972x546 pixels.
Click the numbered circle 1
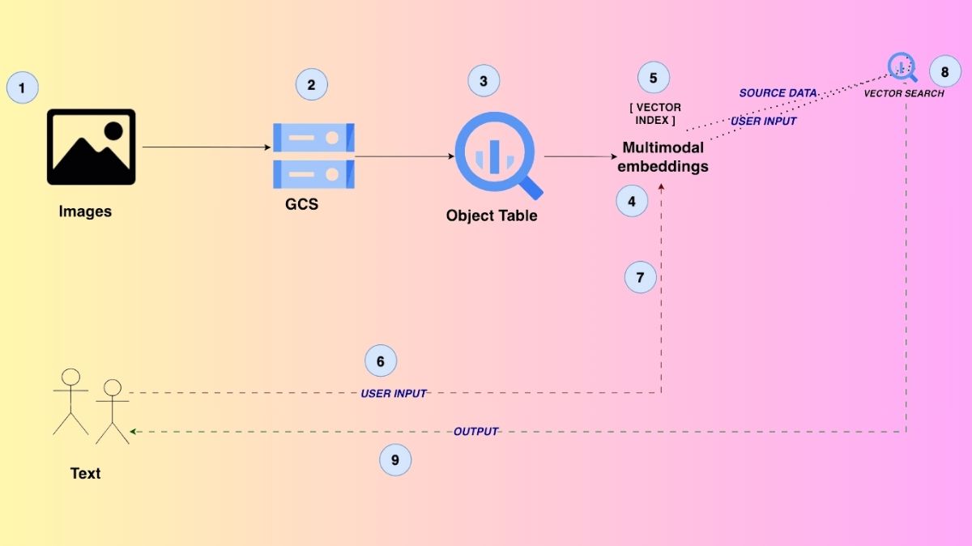(x=22, y=87)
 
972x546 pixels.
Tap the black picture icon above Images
(x=91, y=147)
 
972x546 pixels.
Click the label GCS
(x=301, y=205)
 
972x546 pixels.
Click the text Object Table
(x=492, y=216)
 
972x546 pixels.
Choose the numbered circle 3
(x=484, y=81)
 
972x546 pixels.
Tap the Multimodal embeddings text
(x=663, y=157)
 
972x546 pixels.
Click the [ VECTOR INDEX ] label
(x=655, y=114)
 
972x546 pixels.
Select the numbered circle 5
(x=654, y=78)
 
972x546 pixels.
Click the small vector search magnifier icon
(x=902, y=66)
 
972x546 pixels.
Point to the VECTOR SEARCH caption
(x=903, y=94)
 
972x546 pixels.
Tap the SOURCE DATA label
(x=778, y=93)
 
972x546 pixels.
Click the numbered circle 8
(x=944, y=72)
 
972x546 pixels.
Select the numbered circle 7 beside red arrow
(x=640, y=277)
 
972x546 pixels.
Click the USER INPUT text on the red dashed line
(x=394, y=394)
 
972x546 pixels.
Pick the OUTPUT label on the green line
(x=475, y=432)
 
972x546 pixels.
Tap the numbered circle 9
(x=395, y=460)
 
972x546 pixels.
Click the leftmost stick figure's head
(x=71, y=377)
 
